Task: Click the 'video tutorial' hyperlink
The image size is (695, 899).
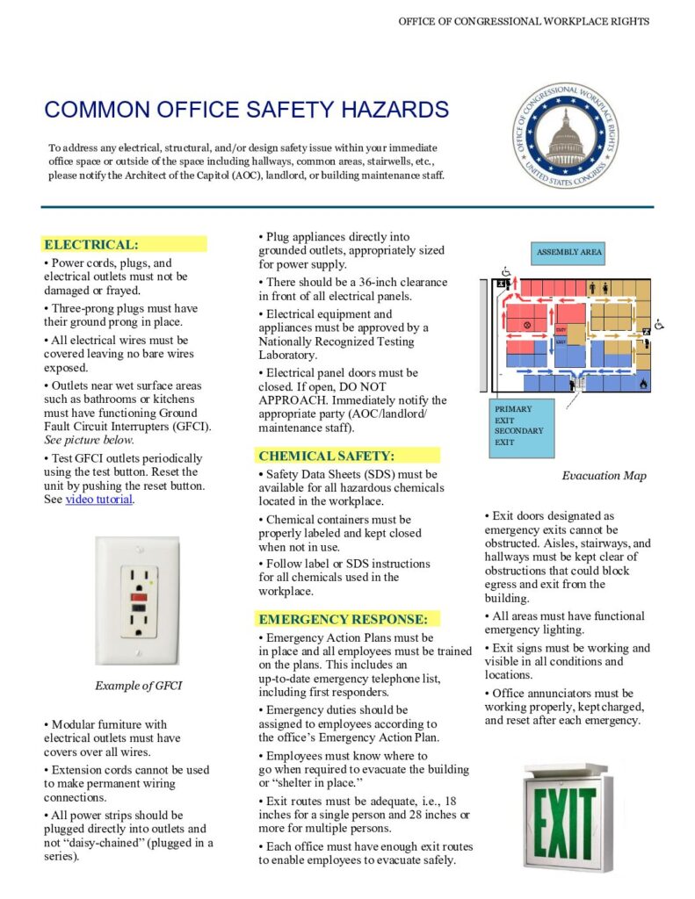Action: [x=99, y=500]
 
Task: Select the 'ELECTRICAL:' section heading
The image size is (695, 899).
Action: [x=91, y=244]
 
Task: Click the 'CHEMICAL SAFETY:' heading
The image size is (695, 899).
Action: [x=326, y=456]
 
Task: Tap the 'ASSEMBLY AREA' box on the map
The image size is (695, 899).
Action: [x=568, y=253]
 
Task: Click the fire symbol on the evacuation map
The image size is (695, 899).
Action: [x=643, y=384]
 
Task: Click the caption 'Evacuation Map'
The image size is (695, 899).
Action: [x=604, y=476]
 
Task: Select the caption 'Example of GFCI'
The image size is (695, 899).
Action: [x=137, y=686]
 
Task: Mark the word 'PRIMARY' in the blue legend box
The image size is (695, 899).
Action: [x=512, y=409]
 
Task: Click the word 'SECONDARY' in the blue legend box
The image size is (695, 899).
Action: [x=518, y=431]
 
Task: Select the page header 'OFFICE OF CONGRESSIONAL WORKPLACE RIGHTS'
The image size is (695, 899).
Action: [x=524, y=20]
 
